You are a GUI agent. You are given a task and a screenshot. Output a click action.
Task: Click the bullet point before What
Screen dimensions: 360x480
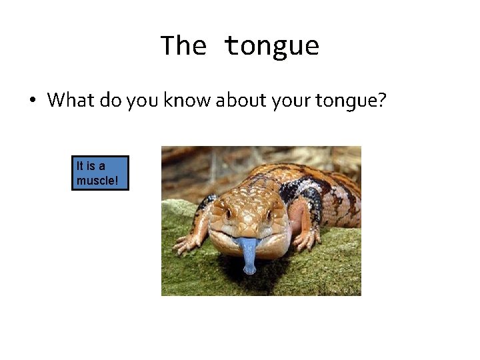(x=32, y=101)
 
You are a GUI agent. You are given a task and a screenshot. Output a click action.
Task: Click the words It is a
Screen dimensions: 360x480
(x=91, y=166)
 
